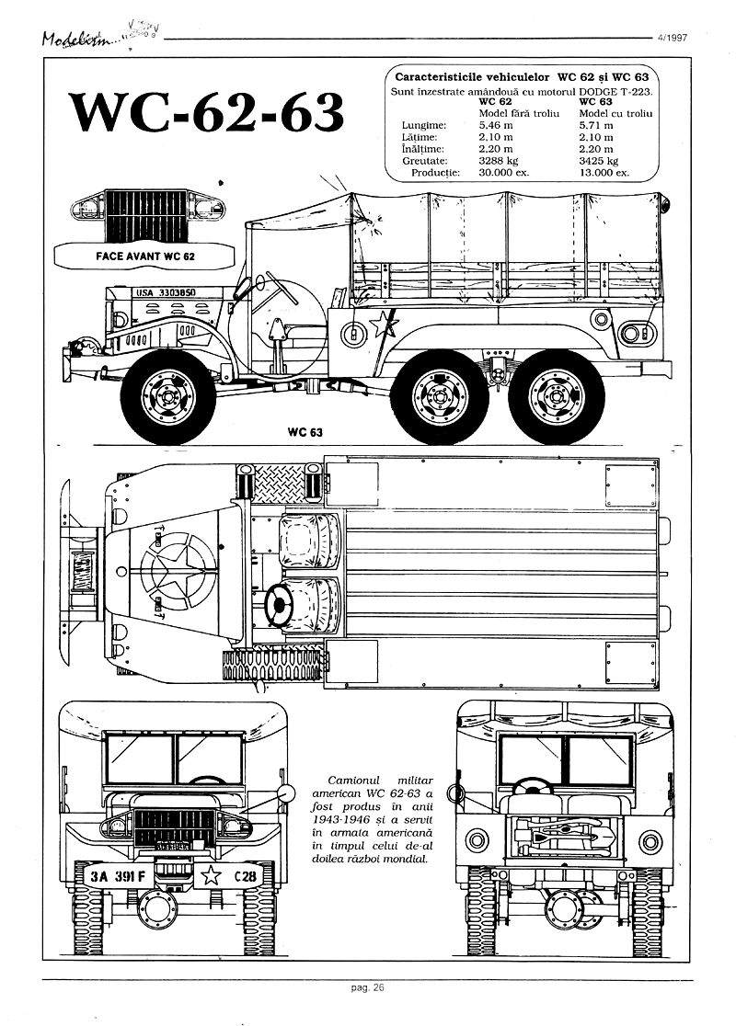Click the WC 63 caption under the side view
304,431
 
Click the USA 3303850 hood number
166,293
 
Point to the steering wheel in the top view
279,603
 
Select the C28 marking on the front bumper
247,876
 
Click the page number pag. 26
367,988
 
